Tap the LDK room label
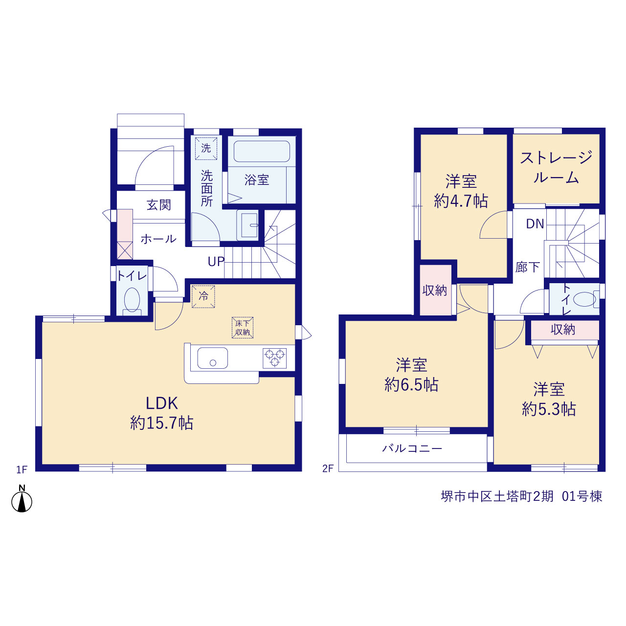click(x=161, y=403)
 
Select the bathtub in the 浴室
click(x=262, y=151)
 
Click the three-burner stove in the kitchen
click(x=274, y=358)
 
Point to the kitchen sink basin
click(x=212, y=358)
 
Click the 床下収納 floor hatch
click(x=243, y=328)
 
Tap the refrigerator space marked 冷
click(x=203, y=296)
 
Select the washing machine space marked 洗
click(x=206, y=149)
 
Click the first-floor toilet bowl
click(x=132, y=299)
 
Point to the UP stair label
click(x=216, y=262)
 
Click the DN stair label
click(x=535, y=224)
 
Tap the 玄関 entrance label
click(x=158, y=205)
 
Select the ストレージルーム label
click(x=556, y=168)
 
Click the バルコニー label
click(x=412, y=448)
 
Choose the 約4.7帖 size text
click(x=461, y=201)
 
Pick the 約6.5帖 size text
click(x=411, y=384)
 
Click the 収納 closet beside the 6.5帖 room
click(x=435, y=290)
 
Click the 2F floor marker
click(x=328, y=469)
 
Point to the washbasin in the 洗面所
click(x=249, y=225)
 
